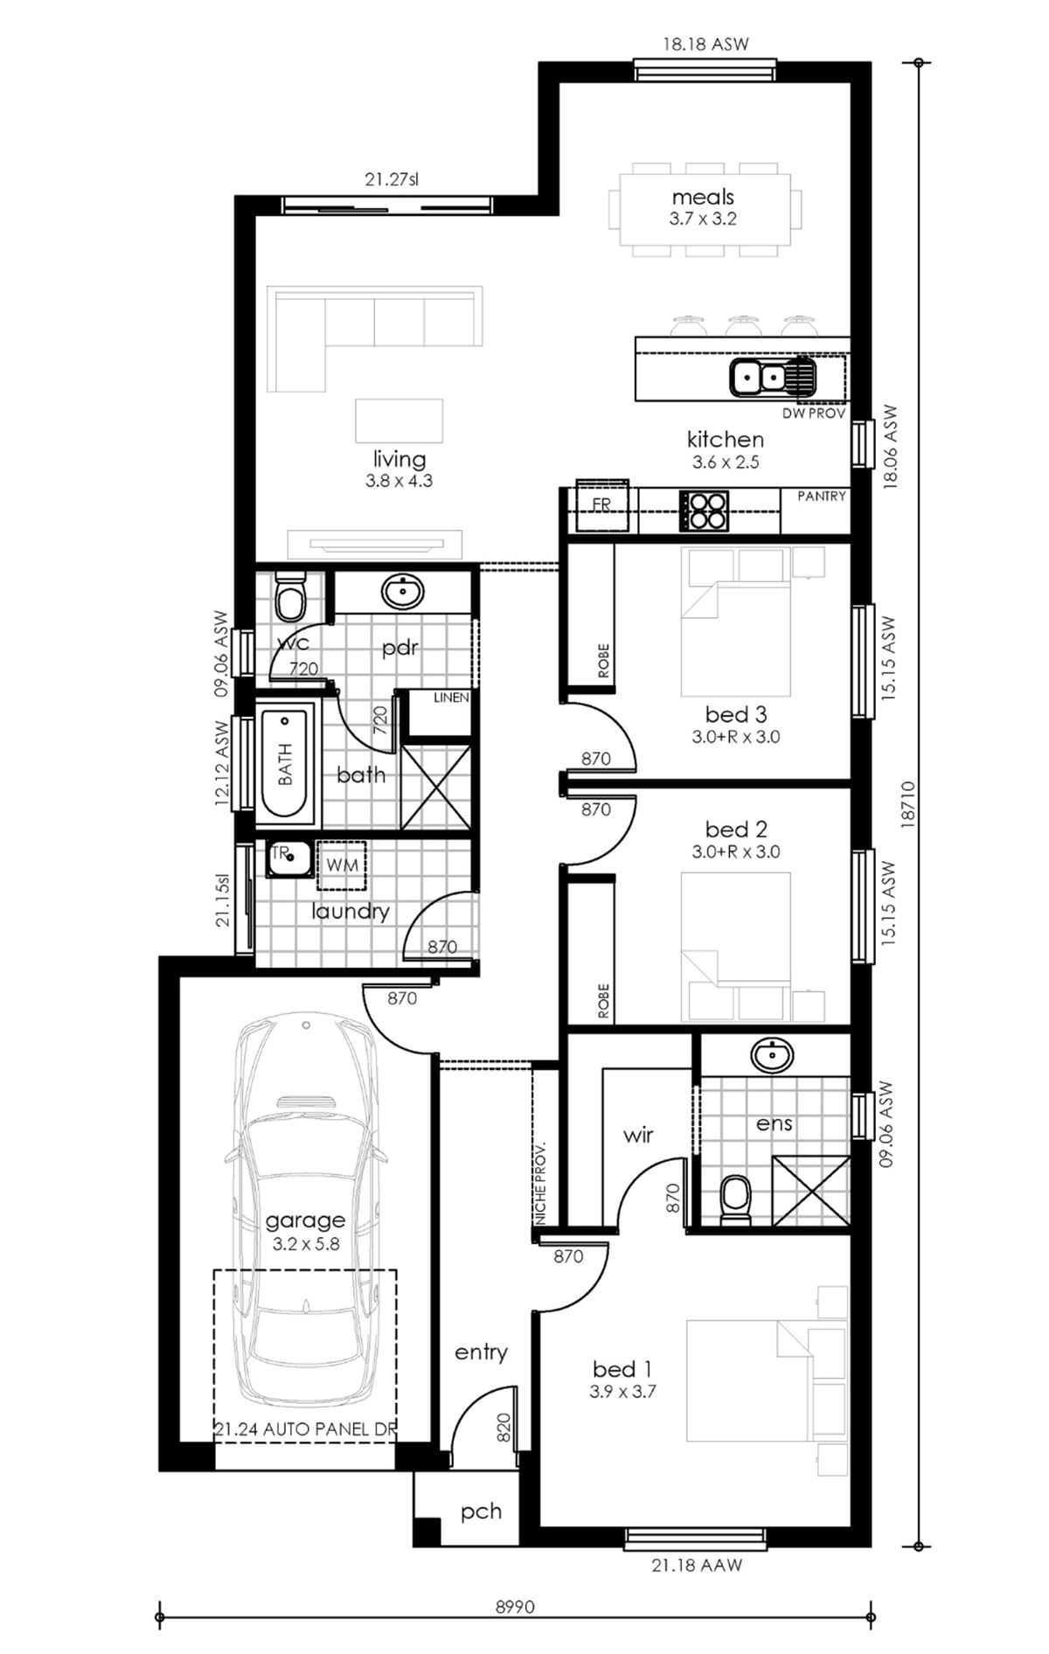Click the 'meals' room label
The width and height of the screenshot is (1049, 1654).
(x=703, y=198)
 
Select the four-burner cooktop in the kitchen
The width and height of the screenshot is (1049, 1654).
(x=704, y=511)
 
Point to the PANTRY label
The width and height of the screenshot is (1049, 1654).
(x=822, y=497)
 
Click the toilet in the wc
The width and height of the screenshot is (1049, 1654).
(x=289, y=596)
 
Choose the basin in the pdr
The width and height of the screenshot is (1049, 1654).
(x=403, y=592)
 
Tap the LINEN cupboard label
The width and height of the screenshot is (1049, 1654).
(x=451, y=698)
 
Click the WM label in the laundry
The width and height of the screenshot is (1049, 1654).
(x=342, y=865)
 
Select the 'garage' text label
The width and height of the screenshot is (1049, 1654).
(x=305, y=1220)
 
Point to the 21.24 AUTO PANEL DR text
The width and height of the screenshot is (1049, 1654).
(x=305, y=1429)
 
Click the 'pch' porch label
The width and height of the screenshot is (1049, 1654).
(x=481, y=1512)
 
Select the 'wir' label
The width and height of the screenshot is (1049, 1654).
(x=638, y=1135)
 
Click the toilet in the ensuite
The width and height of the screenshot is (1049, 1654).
(x=735, y=1200)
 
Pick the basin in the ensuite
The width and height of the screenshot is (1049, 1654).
(x=773, y=1055)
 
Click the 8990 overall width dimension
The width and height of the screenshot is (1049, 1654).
(x=515, y=1607)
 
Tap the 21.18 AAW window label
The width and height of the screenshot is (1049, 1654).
(x=697, y=1565)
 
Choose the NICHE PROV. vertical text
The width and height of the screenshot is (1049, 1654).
(x=540, y=1183)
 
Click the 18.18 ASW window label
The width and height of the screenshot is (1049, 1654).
(x=705, y=44)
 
